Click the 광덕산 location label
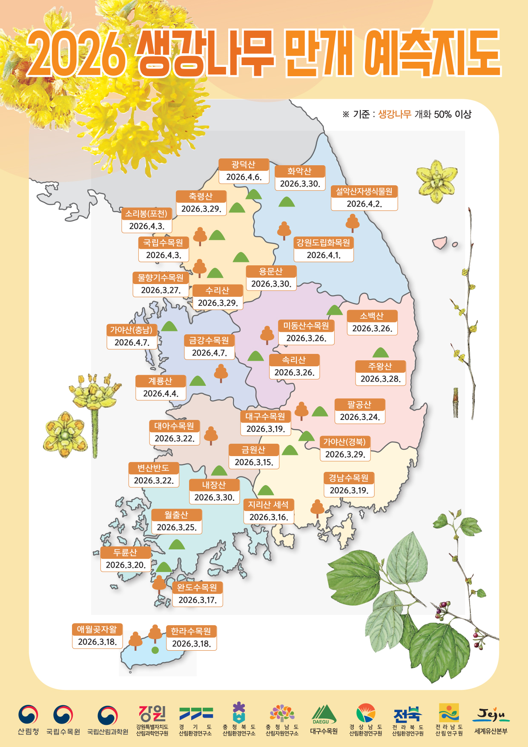click(x=244, y=164)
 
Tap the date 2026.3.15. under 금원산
click(x=254, y=462)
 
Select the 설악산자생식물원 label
click(x=364, y=191)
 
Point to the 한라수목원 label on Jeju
click(x=191, y=631)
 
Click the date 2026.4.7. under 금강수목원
click(x=209, y=353)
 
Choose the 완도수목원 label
click(x=197, y=587)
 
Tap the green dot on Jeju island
click(x=155, y=650)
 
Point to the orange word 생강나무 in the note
click(x=394, y=114)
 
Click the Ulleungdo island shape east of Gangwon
click(x=439, y=243)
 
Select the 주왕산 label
click(x=380, y=366)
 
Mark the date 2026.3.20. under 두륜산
click(x=126, y=565)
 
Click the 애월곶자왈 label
click(x=97, y=629)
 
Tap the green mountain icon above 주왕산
click(x=380, y=353)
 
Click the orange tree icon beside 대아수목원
click(x=211, y=435)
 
